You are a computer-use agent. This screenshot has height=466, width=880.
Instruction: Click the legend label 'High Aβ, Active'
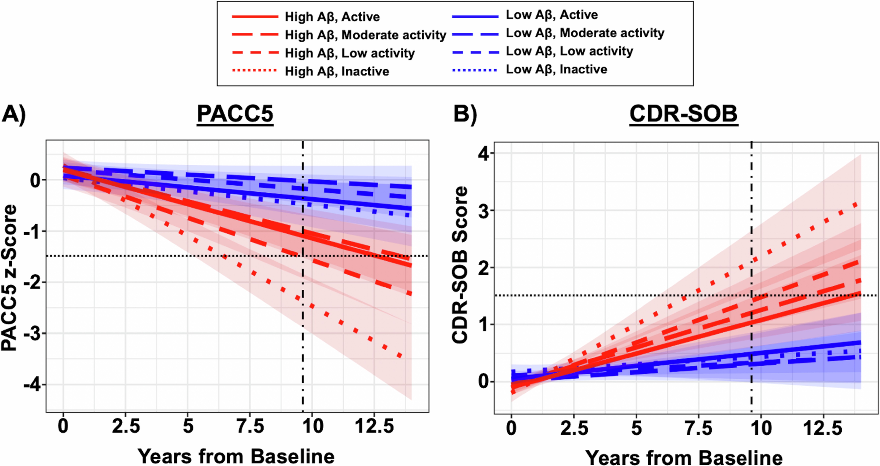point(332,17)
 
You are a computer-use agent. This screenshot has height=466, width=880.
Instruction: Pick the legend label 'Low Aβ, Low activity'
point(569,51)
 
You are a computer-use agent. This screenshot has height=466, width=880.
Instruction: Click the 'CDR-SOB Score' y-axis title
point(459,265)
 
